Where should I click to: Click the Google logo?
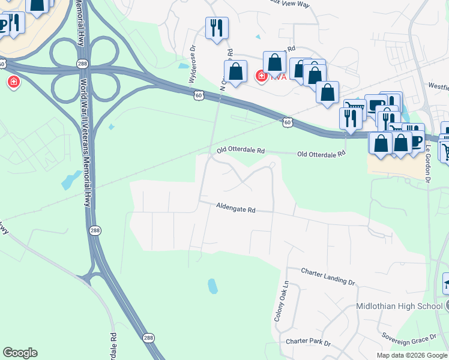[x=20, y=353]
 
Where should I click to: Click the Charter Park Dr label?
[x=308, y=341]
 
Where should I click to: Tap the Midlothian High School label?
[x=399, y=306]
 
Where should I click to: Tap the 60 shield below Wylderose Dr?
[x=199, y=95]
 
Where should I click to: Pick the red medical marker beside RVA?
[x=261, y=76]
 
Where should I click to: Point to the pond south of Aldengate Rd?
[x=212, y=286]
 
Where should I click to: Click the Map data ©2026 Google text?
[x=411, y=355]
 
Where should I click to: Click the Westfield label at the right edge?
[x=436, y=86]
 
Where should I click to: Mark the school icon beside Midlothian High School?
[x=445, y=283]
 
